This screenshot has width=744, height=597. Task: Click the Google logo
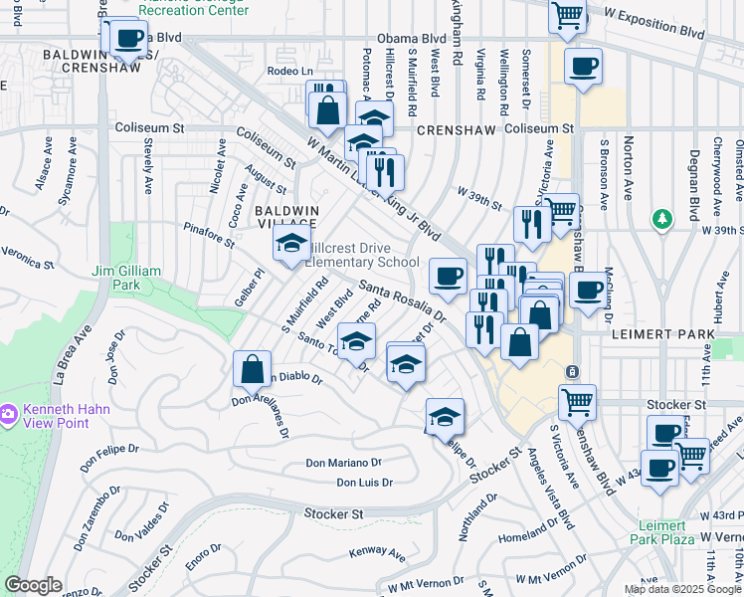(x=33, y=585)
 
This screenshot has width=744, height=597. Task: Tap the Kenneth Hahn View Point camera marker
(x=8, y=412)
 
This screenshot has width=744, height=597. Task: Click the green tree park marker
(x=660, y=217)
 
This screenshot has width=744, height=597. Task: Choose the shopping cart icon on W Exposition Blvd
(x=568, y=16)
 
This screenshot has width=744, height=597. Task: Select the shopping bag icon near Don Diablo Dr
(x=253, y=369)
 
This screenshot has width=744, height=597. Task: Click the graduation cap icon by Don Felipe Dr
(x=446, y=416)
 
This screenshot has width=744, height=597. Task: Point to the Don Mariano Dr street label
(x=343, y=463)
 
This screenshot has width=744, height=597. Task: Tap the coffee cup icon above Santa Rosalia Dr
(x=448, y=276)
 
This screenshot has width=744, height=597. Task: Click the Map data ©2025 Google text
(x=682, y=589)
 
